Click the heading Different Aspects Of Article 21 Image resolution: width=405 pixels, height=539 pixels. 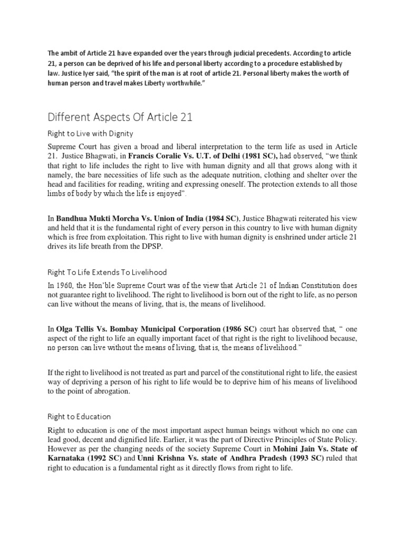coord(120,116)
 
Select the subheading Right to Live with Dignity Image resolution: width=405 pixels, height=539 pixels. coord(90,133)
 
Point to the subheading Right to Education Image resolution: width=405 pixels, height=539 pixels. coord(79,416)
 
